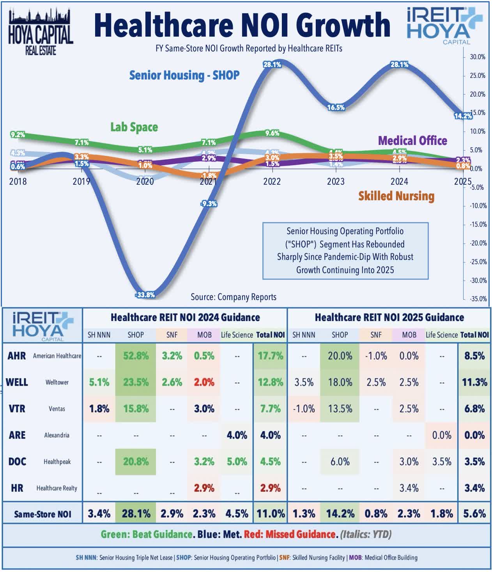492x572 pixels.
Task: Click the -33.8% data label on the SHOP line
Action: coord(145,295)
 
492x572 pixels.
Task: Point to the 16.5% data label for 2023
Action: coord(336,107)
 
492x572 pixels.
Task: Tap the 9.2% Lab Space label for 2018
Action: coord(18,135)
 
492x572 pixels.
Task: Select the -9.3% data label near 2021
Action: coord(209,203)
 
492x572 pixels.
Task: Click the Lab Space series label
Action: coord(134,127)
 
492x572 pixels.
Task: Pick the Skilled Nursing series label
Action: coord(396,196)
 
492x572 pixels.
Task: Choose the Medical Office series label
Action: coord(412,140)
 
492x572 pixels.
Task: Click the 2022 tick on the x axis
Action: coord(272,182)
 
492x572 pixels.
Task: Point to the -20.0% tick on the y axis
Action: coord(477,243)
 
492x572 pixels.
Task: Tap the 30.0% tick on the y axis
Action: coord(477,57)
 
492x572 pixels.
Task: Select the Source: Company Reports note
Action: coord(233,297)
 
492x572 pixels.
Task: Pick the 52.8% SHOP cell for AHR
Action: coord(136,356)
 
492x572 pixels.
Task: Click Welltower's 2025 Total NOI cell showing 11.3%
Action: coord(474,382)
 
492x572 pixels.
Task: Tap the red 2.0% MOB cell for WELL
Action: coord(204,382)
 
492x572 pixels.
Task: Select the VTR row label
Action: coord(17,409)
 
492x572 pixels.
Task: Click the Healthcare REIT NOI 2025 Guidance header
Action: coord(389,317)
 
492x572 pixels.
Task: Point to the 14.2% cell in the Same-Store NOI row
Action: coord(340,514)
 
